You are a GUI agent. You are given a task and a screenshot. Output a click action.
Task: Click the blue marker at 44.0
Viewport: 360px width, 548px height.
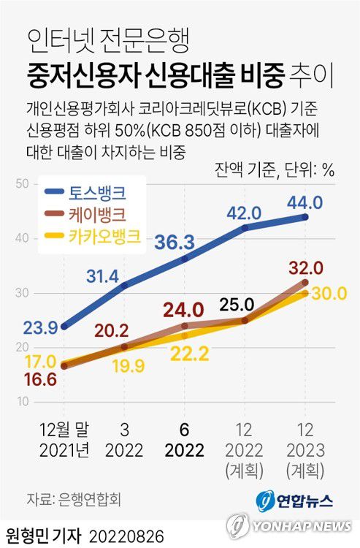[305, 217]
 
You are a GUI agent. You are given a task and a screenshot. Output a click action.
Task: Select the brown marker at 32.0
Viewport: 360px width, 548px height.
[305, 282]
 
